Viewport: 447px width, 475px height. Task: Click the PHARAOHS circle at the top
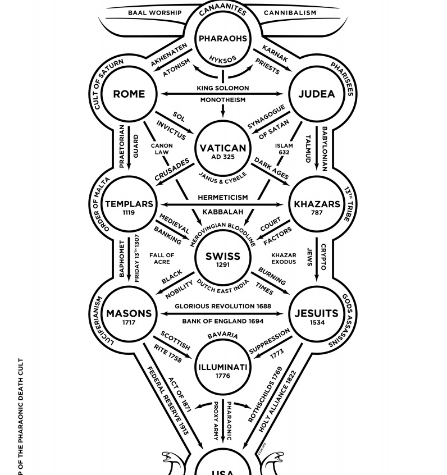pos(222,39)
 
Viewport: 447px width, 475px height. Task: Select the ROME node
pos(129,94)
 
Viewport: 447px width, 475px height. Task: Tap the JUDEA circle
pos(316,94)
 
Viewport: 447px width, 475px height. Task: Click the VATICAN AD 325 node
pos(222,150)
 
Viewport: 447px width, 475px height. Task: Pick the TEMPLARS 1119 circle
pos(129,206)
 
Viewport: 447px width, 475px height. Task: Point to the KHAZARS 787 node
pos(317,206)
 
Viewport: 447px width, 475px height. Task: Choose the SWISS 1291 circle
pos(222,259)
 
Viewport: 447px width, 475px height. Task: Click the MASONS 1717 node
pos(129,316)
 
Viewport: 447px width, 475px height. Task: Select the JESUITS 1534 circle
pos(317,316)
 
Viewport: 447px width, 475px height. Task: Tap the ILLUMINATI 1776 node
pos(222,370)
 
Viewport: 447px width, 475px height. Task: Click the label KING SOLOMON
pos(222,88)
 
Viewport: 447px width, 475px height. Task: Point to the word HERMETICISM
pos(222,198)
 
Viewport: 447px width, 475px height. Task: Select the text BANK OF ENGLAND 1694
pos(222,321)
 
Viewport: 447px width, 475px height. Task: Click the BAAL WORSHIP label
pos(154,12)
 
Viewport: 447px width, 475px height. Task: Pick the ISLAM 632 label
pos(284,149)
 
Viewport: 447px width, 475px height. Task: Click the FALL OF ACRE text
pos(162,258)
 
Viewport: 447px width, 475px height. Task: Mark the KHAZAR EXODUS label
pos(284,258)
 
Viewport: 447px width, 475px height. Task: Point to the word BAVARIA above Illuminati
pos(222,336)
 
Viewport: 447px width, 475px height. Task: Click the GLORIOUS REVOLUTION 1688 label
pos(222,307)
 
